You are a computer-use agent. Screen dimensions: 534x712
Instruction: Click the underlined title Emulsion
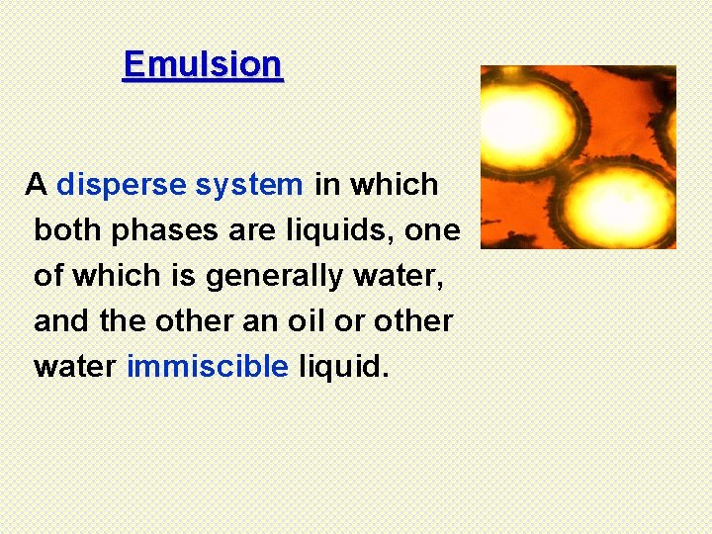(203, 65)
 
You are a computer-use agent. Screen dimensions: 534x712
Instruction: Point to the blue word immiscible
(208, 367)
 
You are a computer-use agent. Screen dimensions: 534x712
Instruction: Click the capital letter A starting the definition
(38, 185)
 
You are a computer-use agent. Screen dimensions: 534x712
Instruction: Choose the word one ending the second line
(434, 231)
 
